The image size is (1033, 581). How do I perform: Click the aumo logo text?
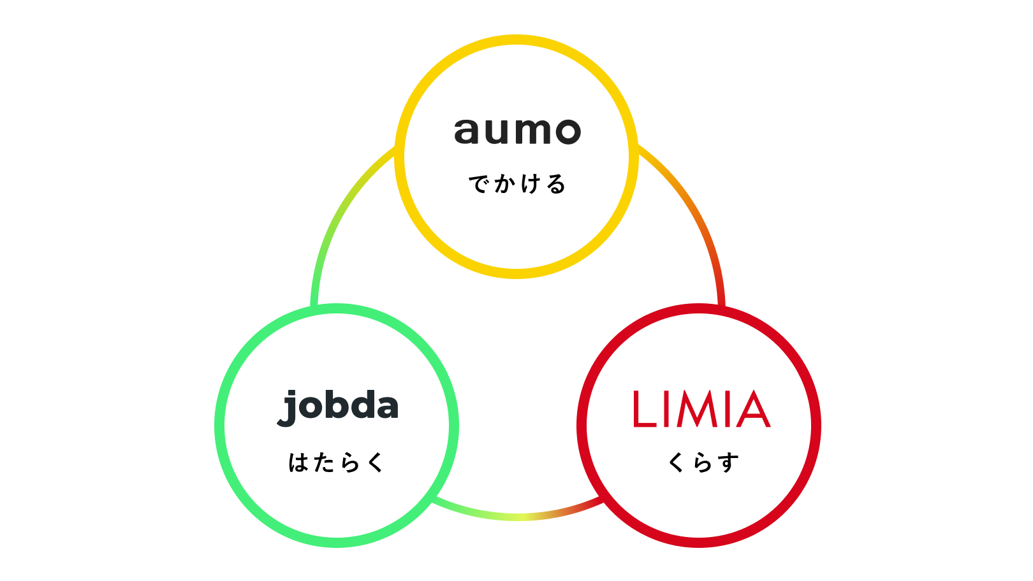pyautogui.click(x=517, y=131)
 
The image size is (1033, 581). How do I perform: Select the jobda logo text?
pyautogui.click(x=339, y=406)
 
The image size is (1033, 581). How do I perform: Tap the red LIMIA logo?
pyautogui.click(x=701, y=409)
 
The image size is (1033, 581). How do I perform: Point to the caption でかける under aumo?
pyautogui.click(x=517, y=184)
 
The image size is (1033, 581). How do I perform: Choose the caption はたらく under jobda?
pyautogui.click(x=336, y=463)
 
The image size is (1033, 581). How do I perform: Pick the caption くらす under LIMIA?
pyautogui.click(x=703, y=463)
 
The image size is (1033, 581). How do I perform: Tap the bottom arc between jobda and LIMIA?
pyautogui.click(x=517, y=517)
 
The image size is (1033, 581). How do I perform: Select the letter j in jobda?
pyautogui.click(x=289, y=408)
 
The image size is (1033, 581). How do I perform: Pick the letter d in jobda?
pyautogui.click(x=360, y=405)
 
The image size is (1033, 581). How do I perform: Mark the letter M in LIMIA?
pyautogui.click(x=696, y=409)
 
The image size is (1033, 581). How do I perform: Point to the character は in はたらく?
pyautogui.click(x=298, y=463)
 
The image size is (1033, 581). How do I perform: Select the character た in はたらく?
pyautogui.click(x=323, y=463)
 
